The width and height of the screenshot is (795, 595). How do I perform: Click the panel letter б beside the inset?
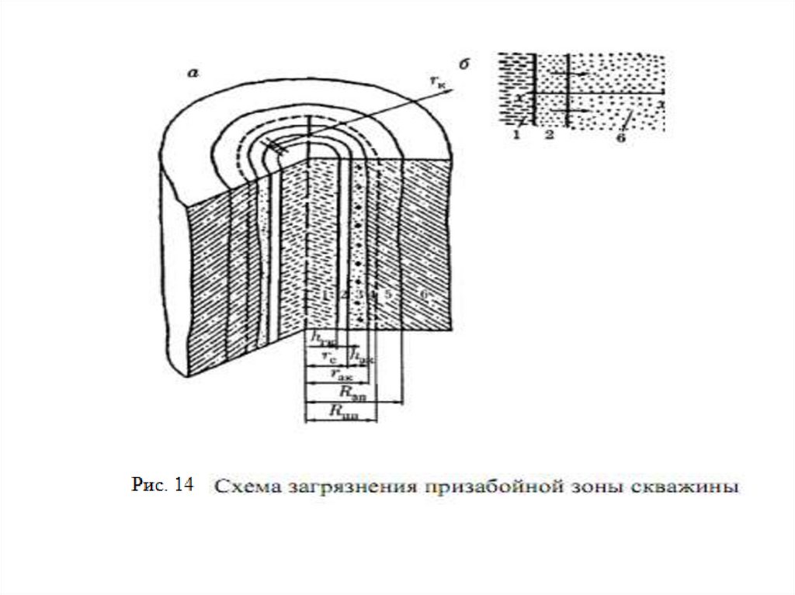(x=463, y=66)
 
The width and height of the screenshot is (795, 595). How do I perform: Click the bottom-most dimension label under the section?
(x=342, y=413)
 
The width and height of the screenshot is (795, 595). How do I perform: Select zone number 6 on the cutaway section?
(x=423, y=295)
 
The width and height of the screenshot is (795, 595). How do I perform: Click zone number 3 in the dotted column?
(x=359, y=295)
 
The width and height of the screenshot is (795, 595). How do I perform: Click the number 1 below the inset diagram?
(x=516, y=137)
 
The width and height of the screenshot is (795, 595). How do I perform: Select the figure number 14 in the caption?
(x=184, y=486)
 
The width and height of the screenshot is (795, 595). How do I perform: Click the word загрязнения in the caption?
(x=338, y=489)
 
